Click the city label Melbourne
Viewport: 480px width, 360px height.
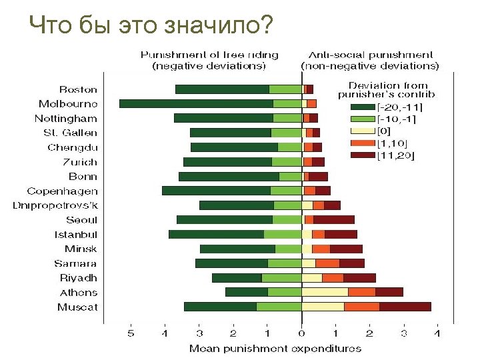coord(68,104)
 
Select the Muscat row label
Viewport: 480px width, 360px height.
coord(77,307)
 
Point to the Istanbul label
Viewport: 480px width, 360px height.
coord(76,235)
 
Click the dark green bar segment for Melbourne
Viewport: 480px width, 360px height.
coord(196,104)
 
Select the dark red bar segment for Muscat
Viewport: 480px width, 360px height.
coord(405,307)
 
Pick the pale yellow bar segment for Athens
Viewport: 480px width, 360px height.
coord(325,292)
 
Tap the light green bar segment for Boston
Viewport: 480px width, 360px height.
coord(285,89)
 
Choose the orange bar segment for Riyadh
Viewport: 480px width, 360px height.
coord(333,277)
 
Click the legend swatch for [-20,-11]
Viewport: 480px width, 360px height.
coord(363,107)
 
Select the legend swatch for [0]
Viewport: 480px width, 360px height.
coord(363,131)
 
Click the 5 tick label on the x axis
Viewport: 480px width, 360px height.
coord(131,333)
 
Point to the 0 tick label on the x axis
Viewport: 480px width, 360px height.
coord(301,333)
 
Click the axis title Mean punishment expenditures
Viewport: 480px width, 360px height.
coord(275,349)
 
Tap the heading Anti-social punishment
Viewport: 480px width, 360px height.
coord(371,55)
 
